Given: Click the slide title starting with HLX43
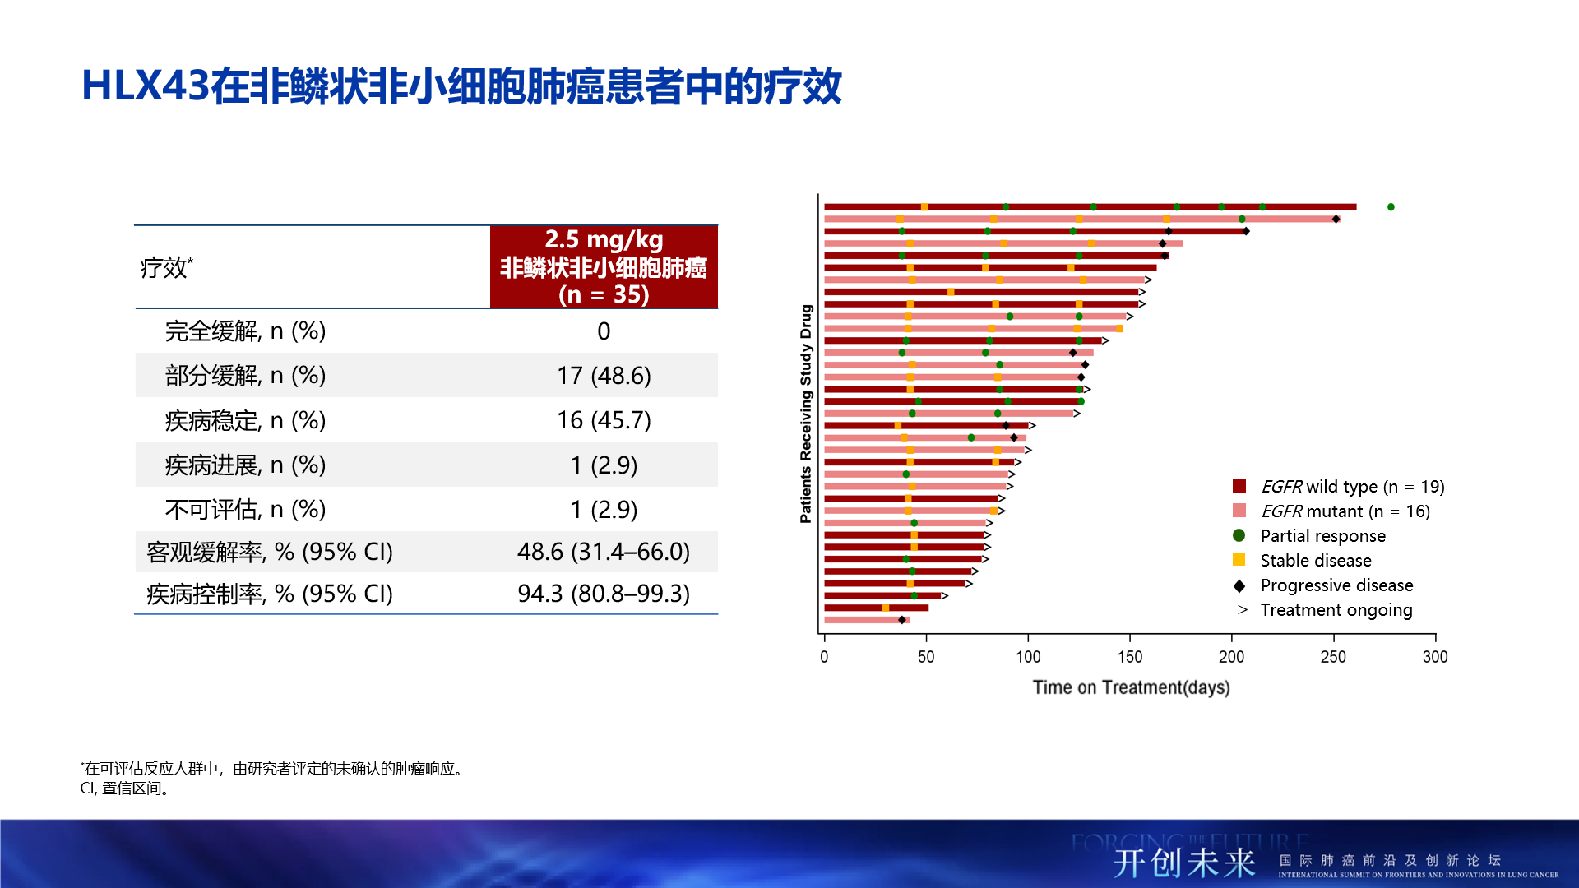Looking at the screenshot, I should click(461, 86).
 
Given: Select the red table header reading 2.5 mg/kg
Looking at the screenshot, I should click(604, 266).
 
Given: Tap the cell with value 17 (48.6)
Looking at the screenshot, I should click(604, 376).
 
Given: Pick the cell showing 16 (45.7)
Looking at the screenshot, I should click(604, 420).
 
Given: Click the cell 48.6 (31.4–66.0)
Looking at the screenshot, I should click(604, 552).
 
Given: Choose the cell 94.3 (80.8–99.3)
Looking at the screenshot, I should click(604, 594).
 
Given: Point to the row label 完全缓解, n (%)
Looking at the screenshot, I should click(245, 331).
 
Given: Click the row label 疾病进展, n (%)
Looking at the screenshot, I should click(245, 465).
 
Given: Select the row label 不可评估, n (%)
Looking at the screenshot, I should click(245, 510).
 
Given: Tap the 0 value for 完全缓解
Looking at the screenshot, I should click(604, 331).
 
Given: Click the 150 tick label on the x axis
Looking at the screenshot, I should click(1130, 657).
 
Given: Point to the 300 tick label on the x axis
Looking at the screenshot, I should click(1435, 657).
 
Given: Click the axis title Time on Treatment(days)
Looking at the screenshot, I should click(1131, 687).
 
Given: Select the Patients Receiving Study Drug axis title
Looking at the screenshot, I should click(806, 414).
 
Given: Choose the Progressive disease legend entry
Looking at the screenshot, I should click(1336, 585).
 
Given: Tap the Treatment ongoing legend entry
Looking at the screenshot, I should click(1336, 610).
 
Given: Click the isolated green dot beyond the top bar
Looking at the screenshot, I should click(1391, 207).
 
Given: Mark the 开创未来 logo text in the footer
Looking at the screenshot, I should click(1184, 863).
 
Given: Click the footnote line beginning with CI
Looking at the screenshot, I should click(125, 789).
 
